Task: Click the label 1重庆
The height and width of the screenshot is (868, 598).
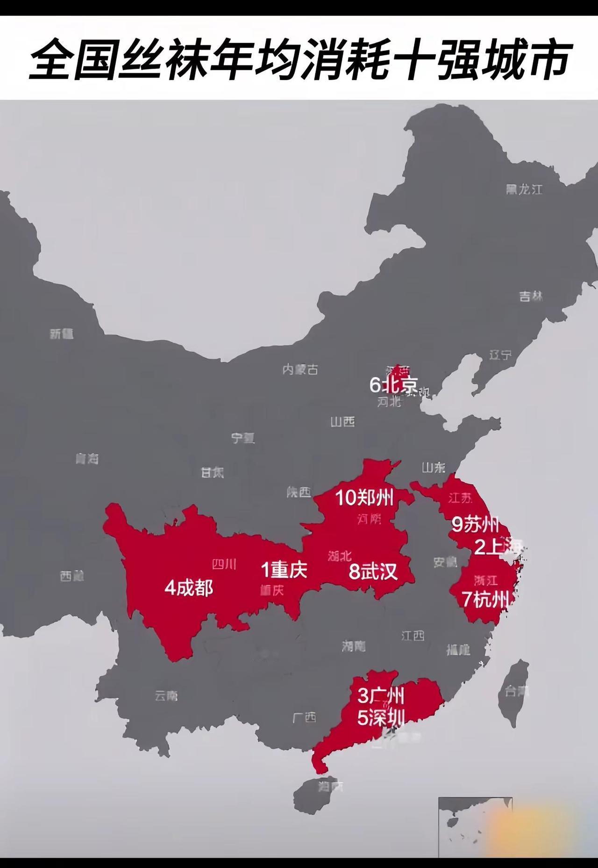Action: (284, 570)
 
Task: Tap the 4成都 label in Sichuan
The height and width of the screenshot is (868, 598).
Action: (189, 588)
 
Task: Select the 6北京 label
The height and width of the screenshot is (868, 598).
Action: (393, 385)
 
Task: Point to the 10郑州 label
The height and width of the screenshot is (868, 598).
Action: (364, 497)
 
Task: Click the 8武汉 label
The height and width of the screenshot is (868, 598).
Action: (373, 571)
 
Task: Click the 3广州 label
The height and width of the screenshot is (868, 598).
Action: (381, 696)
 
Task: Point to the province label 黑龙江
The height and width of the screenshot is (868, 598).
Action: (524, 189)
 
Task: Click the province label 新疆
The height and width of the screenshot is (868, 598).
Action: (62, 333)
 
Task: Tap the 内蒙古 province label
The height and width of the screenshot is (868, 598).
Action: (300, 369)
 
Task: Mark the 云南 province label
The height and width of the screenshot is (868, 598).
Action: (166, 696)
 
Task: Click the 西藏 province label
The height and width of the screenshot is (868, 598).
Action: (72, 576)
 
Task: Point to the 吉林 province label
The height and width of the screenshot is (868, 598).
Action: (531, 296)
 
